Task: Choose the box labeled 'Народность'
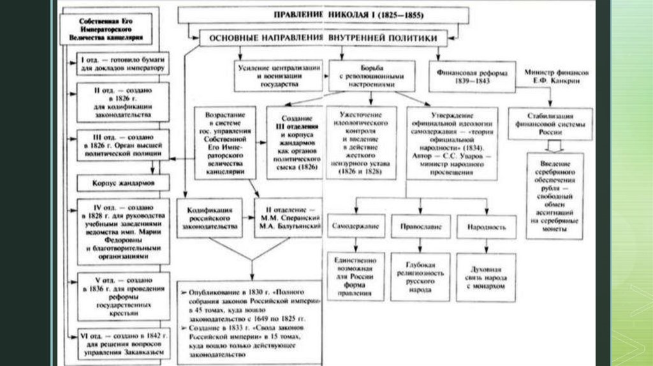pos(478,226)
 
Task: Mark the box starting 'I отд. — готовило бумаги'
pos(123,63)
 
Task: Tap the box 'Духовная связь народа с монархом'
pos(481,274)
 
